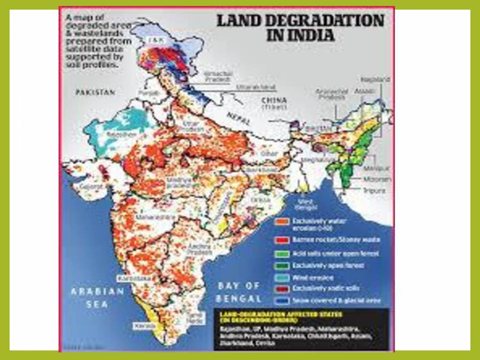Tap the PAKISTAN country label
click(95, 92)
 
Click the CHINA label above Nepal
click(274, 100)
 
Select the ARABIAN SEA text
click(98, 298)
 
